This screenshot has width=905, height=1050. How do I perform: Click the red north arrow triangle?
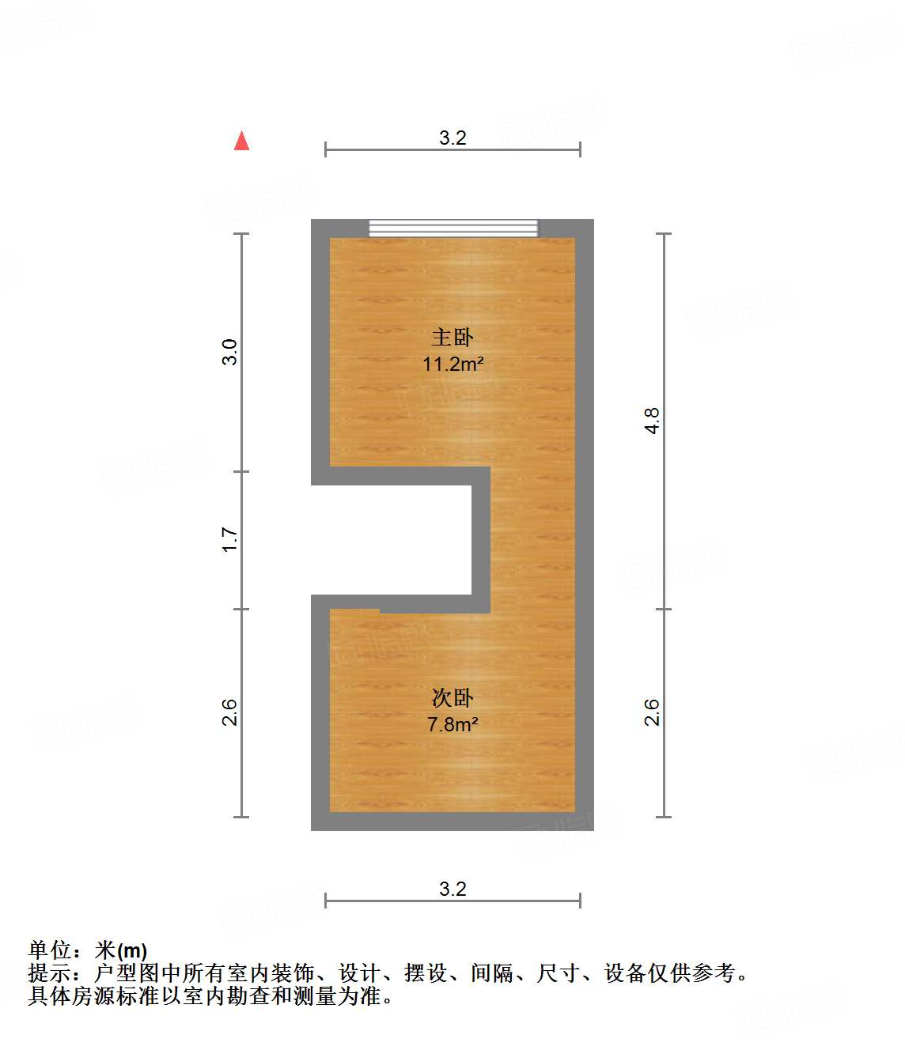coord(242,141)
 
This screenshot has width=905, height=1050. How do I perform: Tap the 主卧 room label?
coord(452,338)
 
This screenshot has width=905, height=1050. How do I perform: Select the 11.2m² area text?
coord(452,364)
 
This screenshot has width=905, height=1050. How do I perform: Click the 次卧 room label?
coord(452,697)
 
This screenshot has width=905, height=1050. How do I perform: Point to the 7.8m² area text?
coord(452,724)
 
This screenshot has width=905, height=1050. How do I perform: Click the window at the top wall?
coord(453,229)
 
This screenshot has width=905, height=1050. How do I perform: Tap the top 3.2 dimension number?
coord(452,138)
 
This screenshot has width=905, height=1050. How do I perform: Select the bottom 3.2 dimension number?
coord(452,889)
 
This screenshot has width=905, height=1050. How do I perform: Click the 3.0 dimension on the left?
coord(229,352)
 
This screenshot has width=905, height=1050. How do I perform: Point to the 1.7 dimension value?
coord(229,539)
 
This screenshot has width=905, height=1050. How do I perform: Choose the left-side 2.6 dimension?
coord(229,712)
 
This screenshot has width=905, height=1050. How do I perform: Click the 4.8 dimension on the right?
coord(651,421)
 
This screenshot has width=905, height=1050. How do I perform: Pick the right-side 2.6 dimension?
coord(651,712)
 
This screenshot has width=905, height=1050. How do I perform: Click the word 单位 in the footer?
coord(50,950)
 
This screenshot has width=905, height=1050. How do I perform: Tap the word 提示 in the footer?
coord(50,973)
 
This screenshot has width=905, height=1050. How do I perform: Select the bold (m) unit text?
coord(132,951)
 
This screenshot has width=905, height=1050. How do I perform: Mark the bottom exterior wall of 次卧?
coord(452,821)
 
